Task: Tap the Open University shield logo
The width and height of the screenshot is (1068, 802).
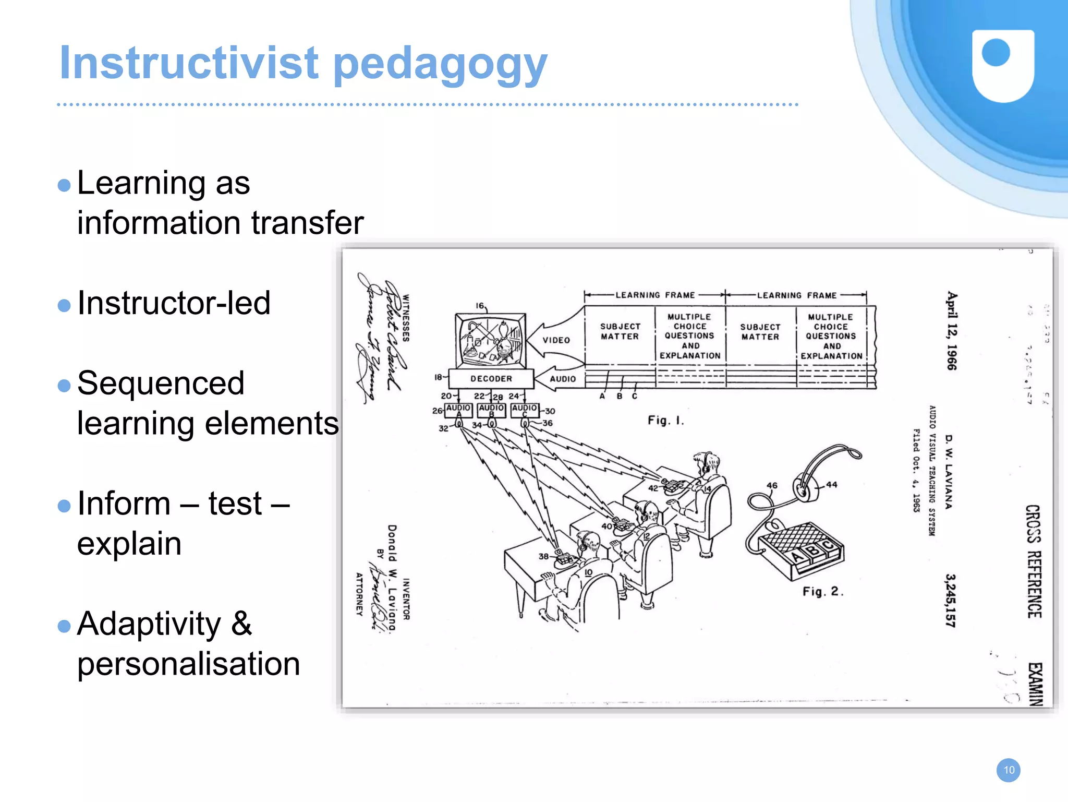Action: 1003,65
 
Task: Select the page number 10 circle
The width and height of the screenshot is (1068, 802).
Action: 1009,770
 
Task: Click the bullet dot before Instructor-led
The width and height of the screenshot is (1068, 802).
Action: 64,305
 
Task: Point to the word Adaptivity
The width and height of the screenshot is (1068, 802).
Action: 149,624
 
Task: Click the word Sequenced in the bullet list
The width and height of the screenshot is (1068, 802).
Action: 161,384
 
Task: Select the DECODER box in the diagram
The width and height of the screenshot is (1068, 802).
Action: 491,379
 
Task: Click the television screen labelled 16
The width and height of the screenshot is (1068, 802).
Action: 490,341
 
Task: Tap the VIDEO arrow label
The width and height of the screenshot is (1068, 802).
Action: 556,340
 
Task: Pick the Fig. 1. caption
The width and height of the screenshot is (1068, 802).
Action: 665,420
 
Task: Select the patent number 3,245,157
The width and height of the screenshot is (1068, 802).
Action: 951,600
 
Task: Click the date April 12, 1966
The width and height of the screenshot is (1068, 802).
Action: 952,330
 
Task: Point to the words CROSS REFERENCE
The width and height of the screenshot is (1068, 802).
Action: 1033,561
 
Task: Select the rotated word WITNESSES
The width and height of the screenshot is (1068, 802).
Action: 406,318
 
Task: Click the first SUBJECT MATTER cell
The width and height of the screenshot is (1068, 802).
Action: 620,331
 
